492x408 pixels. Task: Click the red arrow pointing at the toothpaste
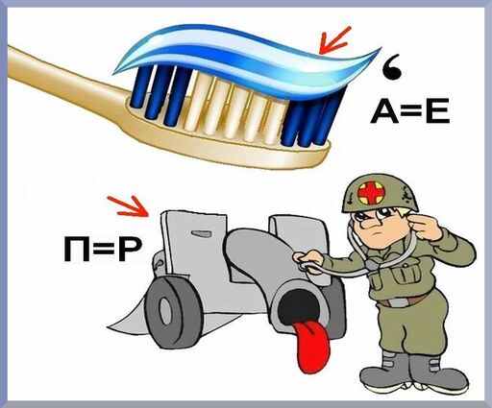(334, 40)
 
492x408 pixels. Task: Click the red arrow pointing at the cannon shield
(129, 205)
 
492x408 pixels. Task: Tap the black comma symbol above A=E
(393, 69)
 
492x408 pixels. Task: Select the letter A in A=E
(384, 110)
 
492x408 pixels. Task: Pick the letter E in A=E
(438, 110)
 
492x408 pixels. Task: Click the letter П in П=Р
(76, 250)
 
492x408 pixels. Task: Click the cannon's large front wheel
(173, 311)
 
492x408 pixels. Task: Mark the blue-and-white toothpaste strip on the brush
(247, 58)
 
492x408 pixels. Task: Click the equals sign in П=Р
(104, 250)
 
